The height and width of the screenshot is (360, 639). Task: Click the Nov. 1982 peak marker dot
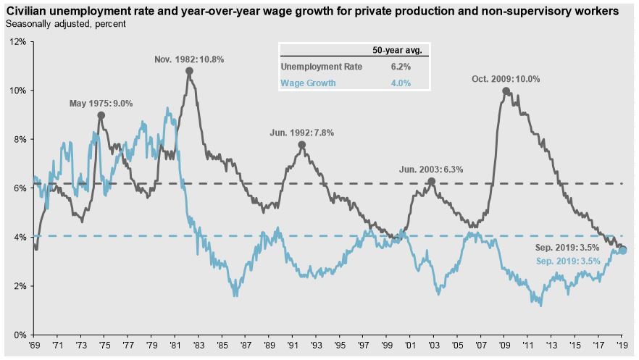(189, 71)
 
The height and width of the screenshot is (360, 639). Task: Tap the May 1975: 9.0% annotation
(101, 104)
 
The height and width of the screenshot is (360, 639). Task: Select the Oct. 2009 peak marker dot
(506, 91)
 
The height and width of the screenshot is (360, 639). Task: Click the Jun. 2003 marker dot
(431, 181)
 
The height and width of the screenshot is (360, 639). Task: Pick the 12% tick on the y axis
(17, 42)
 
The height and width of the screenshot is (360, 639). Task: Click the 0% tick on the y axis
(20, 335)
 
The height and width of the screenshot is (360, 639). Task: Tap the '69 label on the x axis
(35, 347)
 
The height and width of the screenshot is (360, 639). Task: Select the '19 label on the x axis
(621, 347)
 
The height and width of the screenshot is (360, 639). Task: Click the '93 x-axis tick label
(316, 347)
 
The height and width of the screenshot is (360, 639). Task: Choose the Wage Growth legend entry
(309, 83)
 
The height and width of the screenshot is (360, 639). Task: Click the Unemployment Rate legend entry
(322, 67)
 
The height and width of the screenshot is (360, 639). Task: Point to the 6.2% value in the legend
(401, 67)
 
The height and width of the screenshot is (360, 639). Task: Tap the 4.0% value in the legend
(401, 83)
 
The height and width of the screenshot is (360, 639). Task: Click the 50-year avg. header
(401, 50)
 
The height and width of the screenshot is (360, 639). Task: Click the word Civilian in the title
(26, 12)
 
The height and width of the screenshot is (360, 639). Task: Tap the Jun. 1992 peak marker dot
(301, 145)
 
